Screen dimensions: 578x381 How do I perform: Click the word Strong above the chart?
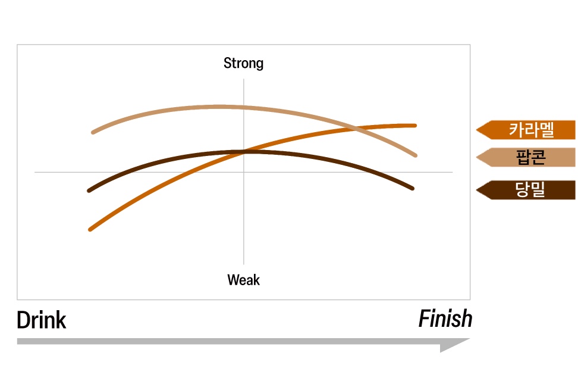coord(243,63)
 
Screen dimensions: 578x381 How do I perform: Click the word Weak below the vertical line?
coord(243,280)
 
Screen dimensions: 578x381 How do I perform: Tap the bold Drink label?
coord(41,320)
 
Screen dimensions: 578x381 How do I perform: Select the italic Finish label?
coord(445,318)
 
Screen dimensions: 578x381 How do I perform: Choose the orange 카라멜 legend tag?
coord(526,130)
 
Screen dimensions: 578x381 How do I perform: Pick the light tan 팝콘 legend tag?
coord(526,157)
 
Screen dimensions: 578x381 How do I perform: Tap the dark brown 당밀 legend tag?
coord(526,190)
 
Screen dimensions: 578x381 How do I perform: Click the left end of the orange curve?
coord(90,229)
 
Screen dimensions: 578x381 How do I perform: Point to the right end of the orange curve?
coord(415,126)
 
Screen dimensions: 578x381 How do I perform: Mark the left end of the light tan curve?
coord(93,132)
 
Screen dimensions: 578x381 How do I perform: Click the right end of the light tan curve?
coord(416,155)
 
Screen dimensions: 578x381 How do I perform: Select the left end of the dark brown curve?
coord(89,190)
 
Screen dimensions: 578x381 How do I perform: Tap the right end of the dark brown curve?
coord(413,188)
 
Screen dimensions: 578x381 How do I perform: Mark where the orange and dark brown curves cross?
coord(243,152)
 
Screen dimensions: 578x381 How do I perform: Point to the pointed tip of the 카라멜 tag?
coord(477,130)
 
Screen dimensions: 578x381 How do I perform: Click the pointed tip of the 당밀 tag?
coord(477,190)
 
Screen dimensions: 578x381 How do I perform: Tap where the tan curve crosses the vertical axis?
coord(244,108)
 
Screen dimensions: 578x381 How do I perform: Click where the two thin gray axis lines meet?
coord(244,172)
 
